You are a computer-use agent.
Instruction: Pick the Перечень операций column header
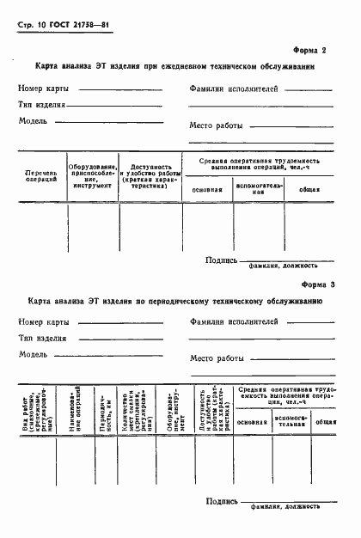[x=41, y=177]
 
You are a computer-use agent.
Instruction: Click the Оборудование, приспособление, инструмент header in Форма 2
[x=92, y=175]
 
